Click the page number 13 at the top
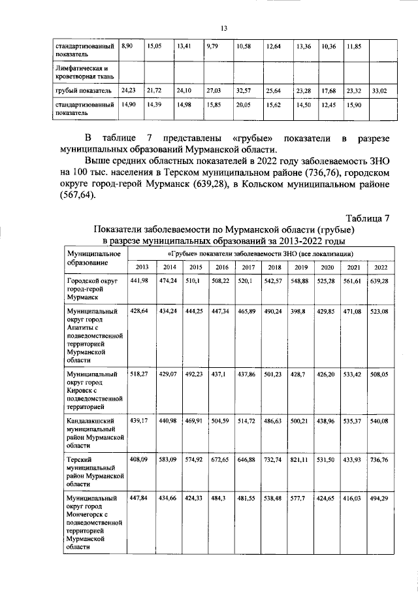click(223, 28)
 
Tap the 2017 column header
click(248, 267)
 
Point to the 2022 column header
click(380, 267)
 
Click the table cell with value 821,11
click(300, 460)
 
